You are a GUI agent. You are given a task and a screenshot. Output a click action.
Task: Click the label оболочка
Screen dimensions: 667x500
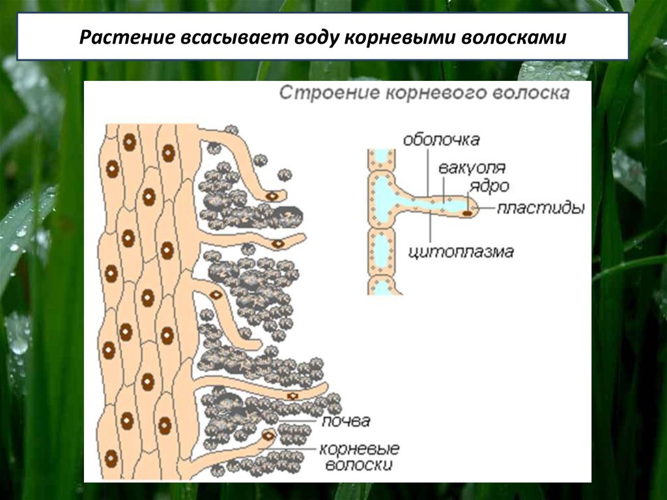[441, 140]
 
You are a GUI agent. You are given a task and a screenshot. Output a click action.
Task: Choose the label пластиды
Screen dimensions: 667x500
[541, 209]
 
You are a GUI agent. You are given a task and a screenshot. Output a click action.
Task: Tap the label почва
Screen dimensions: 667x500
[345, 420]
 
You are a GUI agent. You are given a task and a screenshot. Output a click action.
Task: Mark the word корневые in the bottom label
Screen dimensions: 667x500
[359, 450]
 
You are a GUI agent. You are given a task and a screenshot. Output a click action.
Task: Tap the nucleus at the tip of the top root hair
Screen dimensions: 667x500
[271, 195]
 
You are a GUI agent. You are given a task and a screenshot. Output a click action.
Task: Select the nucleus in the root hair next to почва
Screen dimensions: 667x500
[267, 435]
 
